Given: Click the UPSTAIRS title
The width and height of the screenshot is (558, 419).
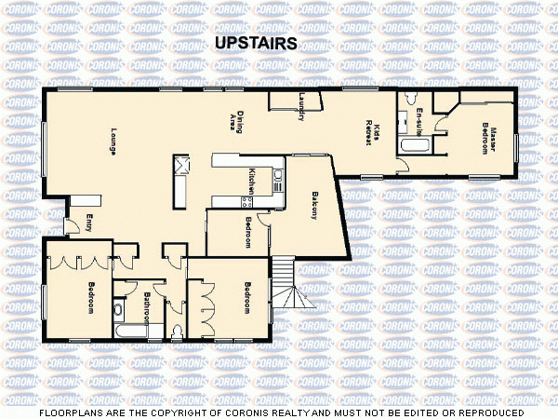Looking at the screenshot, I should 255,43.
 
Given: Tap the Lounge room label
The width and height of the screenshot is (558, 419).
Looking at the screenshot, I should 112,141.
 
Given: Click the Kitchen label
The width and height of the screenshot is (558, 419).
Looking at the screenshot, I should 251,181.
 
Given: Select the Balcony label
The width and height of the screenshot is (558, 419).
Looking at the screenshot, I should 314,204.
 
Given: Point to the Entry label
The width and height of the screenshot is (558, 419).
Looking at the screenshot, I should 89,223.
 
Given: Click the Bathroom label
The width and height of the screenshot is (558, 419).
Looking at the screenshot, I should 147,306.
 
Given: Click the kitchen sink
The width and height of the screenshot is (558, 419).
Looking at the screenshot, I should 249,200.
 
